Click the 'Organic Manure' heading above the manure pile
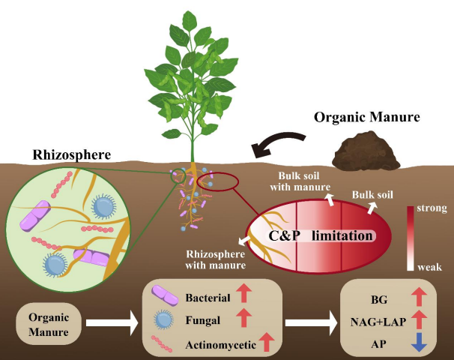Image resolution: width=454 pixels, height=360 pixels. (x=366, y=118)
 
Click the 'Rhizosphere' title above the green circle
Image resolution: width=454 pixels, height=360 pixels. (x=72, y=155)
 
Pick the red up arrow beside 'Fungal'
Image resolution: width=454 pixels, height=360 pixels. (x=246, y=319)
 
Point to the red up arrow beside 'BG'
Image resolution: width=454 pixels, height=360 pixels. (x=420, y=296)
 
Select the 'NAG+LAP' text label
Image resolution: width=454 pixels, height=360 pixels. (x=379, y=321)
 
